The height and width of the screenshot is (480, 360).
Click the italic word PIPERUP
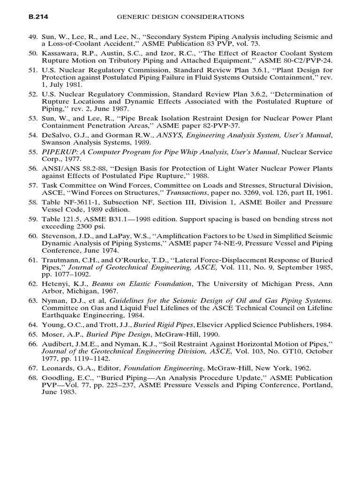[59, 152]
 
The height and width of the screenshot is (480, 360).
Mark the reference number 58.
[33, 202]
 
